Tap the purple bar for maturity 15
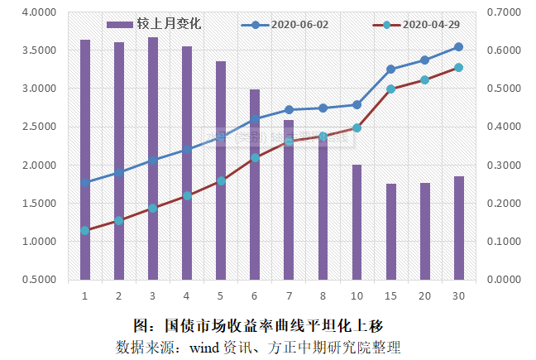coord(391,231)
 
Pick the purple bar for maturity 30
coord(459,228)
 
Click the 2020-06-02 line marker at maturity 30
coord(459,47)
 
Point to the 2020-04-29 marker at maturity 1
coord(85,230)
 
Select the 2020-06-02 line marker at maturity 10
coord(357,104)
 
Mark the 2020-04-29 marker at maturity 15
coord(391,89)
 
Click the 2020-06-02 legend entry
coord(285,24)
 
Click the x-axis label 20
coord(425,295)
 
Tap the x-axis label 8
coord(323,295)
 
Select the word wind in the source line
coord(203,345)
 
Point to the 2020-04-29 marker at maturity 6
coord(255,157)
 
